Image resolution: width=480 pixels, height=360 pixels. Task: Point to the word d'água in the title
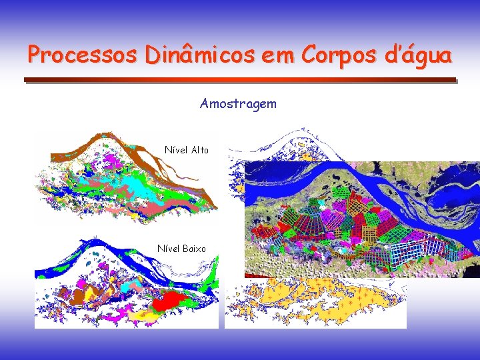click(x=419, y=55)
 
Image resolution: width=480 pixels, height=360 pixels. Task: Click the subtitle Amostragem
click(x=238, y=104)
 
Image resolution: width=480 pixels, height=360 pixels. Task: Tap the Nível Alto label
click(x=187, y=150)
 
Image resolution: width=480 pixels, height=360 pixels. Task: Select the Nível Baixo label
click(x=181, y=249)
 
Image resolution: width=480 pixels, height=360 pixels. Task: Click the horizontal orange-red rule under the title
click(x=240, y=80)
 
